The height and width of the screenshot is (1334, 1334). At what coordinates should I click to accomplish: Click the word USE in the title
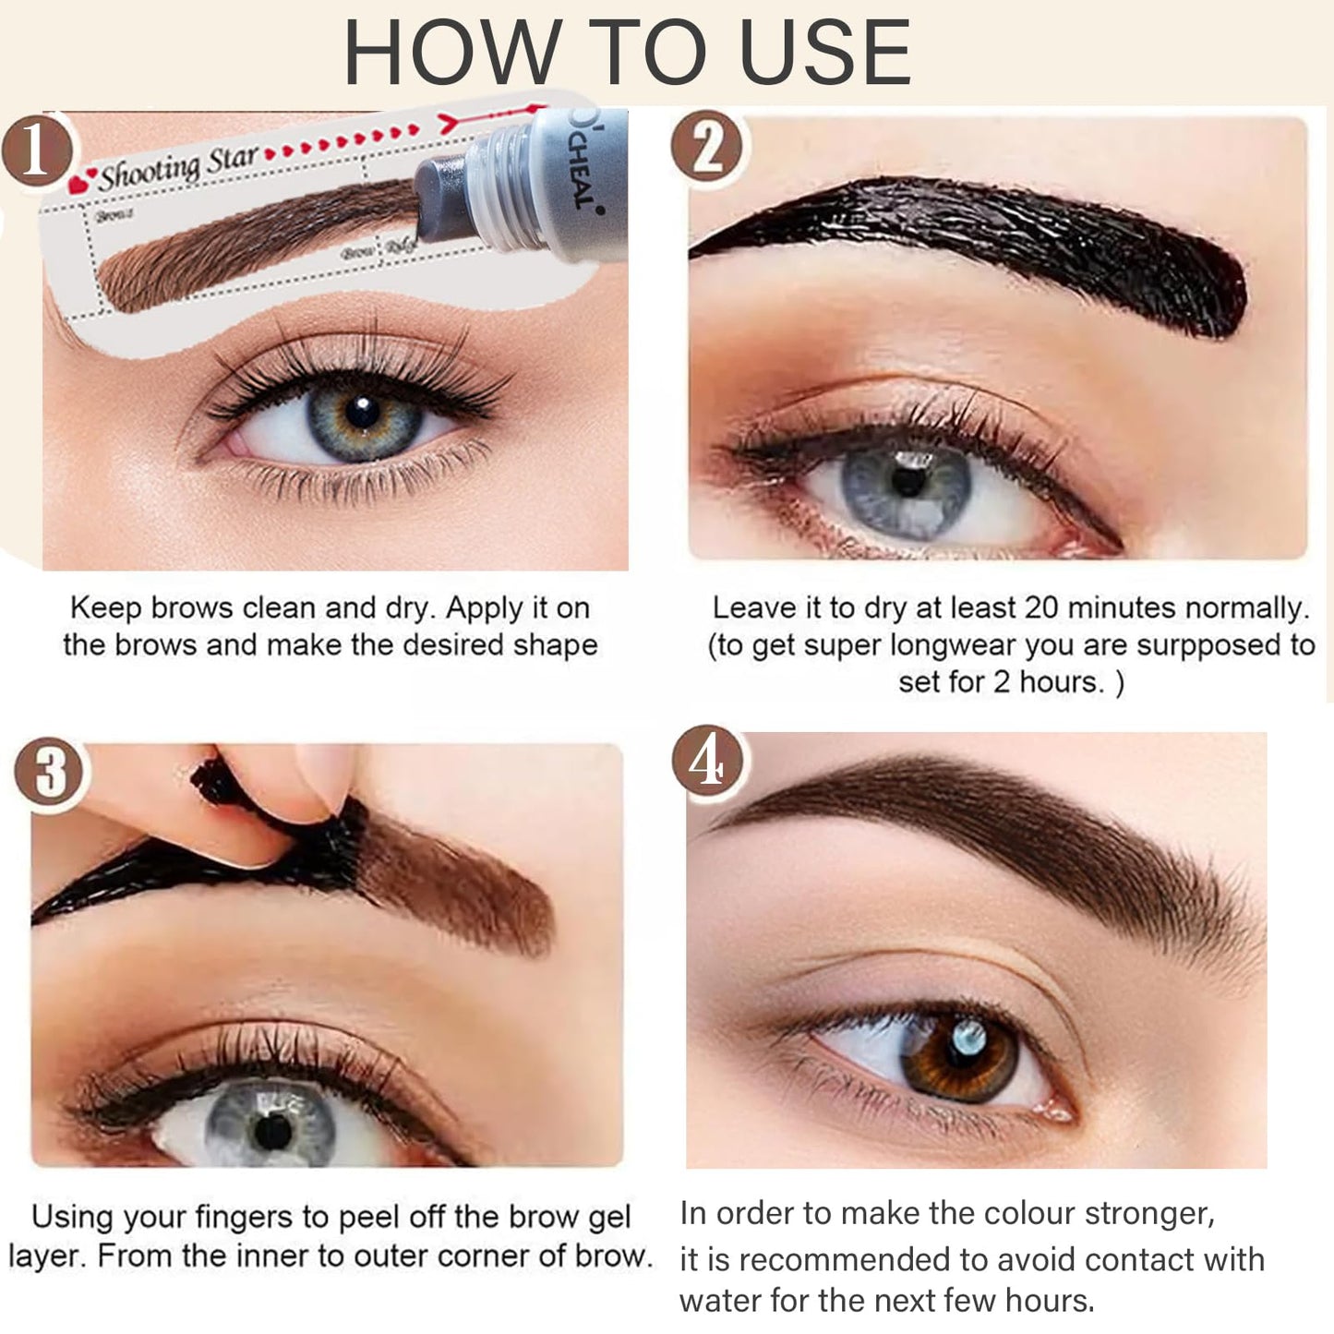pos(825,53)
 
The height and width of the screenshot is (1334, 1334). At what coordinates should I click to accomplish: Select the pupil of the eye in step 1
pos(361,413)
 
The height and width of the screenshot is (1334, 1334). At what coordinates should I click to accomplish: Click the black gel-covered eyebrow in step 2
pos(997,240)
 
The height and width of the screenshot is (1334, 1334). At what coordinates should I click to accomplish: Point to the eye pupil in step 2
pos(909,483)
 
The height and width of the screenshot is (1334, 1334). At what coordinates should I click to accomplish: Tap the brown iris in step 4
pos(960,1052)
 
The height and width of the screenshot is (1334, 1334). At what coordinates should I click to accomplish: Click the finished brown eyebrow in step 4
pos(997,812)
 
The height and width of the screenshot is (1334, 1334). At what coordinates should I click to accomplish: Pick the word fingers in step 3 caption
pos(248,1218)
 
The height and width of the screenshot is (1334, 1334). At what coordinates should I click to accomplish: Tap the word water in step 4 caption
pos(720,1301)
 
